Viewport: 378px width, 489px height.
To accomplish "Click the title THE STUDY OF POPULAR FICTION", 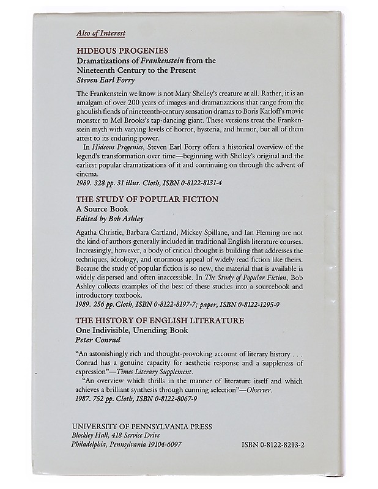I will (138, 200).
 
